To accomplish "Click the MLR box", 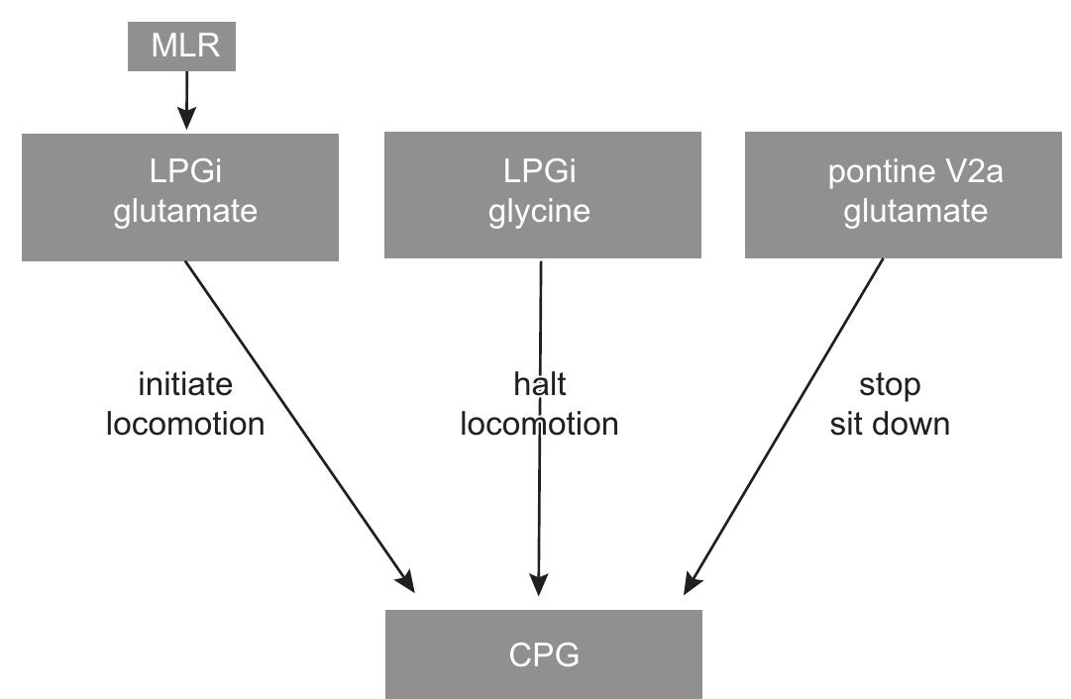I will (x=182, y=47).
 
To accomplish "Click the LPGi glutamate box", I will (x=180, y=197).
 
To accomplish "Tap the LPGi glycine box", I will (x=542, y=195).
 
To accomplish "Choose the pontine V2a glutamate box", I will (x=902, y=195).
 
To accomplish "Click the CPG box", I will (x=543, y=654).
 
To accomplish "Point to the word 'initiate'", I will (x=185, y=385).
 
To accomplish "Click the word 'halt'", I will (x=539, y=385).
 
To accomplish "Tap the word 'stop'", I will (x=889, y=385).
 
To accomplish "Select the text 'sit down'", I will (x=889, y=424).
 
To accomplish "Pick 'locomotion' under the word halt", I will (x=539, y=424).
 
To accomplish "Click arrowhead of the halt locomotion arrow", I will (x=539, y=586).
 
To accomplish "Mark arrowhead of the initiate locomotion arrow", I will (x=405, y=582).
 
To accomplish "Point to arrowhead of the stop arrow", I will (x=693, y=584).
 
